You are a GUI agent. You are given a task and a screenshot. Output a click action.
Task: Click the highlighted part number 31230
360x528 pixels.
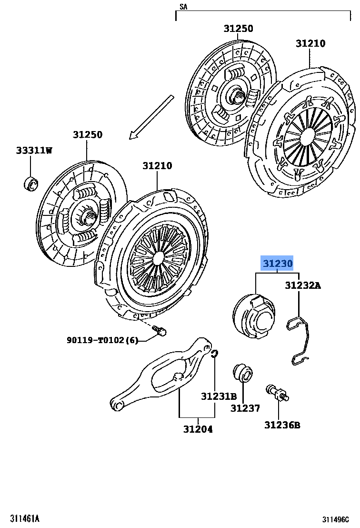point(277,264)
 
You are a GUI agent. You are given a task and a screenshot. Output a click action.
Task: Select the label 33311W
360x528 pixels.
point(33,151)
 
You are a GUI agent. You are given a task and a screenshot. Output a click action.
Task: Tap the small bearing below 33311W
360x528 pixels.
point(31,182)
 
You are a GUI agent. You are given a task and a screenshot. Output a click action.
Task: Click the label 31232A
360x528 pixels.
point(303,285)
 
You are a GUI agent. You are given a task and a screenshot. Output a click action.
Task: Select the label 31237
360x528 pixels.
point(245,408)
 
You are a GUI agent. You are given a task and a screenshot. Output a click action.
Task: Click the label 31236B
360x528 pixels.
point(282,425)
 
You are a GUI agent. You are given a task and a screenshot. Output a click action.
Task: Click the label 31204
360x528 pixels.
point(198,429)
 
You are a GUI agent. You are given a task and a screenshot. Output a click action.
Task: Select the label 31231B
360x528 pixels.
point(219,396)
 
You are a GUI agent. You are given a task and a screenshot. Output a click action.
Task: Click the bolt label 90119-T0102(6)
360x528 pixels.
point(102,340)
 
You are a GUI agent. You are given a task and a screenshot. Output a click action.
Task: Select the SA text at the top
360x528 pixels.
point(183,6)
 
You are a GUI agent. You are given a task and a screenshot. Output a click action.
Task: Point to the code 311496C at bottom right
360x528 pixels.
point(339,519)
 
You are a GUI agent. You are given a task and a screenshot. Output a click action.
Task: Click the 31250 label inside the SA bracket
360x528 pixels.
point(238,29)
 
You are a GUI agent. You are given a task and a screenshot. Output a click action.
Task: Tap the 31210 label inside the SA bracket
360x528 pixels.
point(310,43)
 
